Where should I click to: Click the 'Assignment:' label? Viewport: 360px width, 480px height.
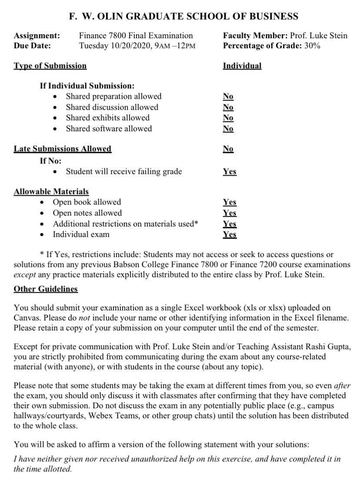37,36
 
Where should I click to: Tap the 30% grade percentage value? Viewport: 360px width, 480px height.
312,45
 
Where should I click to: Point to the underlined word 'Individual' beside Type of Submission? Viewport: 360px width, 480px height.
242,66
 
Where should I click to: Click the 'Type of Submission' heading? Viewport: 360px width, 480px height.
50,66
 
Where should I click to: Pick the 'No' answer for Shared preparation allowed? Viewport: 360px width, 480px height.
228,97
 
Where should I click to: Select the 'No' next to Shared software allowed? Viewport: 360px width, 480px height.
228,129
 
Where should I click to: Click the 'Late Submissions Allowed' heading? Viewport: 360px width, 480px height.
63,149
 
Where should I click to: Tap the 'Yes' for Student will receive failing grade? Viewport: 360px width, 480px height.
230,172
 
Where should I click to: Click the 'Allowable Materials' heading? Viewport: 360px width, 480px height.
51,191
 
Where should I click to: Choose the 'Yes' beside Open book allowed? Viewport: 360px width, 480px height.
230,202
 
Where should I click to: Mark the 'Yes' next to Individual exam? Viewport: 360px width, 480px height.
230,235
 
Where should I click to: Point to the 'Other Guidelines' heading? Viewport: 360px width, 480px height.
46,289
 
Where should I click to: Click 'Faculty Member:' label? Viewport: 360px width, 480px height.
253,36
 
